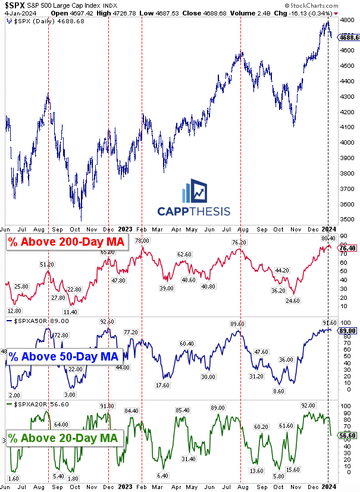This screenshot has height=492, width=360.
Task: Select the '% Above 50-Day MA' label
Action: pos(63,356)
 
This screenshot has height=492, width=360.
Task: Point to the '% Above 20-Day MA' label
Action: pos(63,439)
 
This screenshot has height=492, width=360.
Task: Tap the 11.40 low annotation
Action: pos(70,312)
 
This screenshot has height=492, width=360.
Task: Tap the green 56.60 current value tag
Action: pos(348,435)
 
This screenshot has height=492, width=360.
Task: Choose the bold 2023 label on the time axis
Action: pos(125,229)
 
